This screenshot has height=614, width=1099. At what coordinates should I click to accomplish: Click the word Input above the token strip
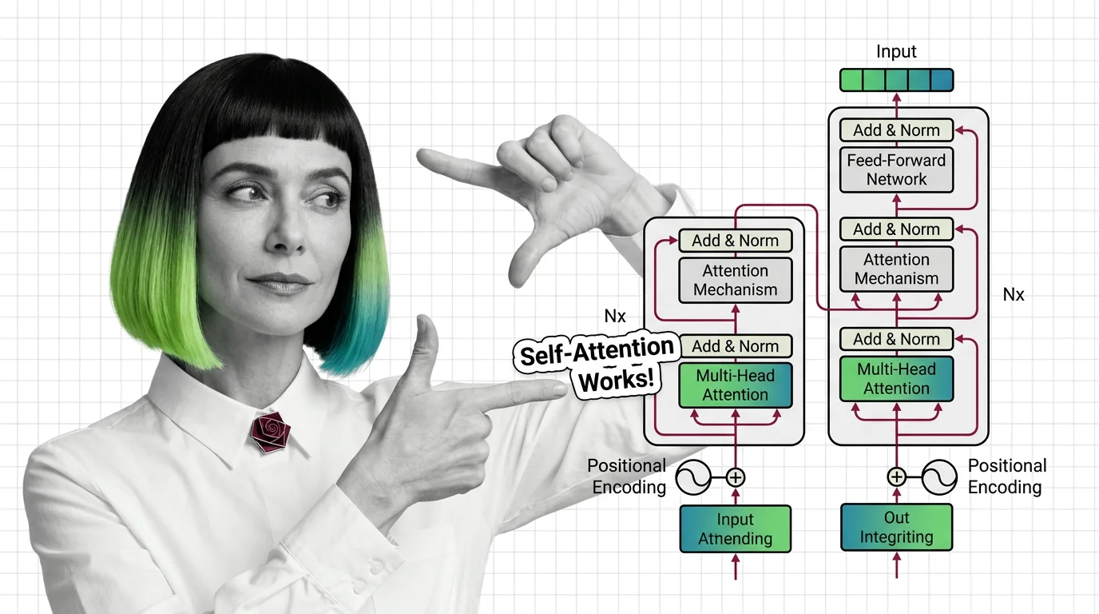coord(896,52)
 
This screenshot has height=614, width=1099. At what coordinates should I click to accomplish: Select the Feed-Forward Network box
coord(896,169)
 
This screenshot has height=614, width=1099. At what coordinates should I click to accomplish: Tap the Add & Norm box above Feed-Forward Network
coord(896,130)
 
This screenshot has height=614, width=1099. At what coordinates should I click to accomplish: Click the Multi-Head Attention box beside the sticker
coord(736,385)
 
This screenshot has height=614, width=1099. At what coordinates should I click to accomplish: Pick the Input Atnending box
coord(736,528)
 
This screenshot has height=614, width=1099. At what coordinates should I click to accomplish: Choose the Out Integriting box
coord(896,527)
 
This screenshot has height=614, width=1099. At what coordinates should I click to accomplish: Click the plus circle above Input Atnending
coord(736,477)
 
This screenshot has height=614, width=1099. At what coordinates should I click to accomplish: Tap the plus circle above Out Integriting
coord(896,476)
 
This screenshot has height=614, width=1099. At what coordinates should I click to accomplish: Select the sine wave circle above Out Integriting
coord(939,476)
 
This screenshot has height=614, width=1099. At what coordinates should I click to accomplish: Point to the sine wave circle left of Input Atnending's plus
coord(693,477)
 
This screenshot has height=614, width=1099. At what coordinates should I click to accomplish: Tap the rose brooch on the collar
coord(270,432)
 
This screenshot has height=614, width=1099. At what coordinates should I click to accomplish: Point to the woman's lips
coord(279,283)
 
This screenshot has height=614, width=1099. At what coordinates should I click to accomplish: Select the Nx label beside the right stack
coord(1013,295)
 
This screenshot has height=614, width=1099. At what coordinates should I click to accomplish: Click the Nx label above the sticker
coord(615,316)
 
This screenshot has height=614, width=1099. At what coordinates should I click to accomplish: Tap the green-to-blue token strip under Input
coord(896,80)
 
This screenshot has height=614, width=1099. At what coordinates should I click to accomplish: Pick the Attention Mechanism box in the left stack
coord(736,280)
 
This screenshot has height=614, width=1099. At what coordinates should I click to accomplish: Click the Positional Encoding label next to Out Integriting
coord(1007,476)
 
